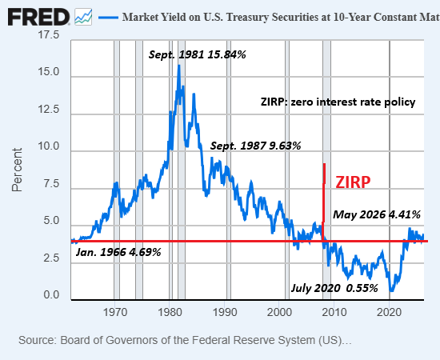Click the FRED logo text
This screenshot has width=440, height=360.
pyautogui.click(x=38, y=17)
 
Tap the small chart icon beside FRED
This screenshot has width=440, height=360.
pyautogui.click(x=83, y=17)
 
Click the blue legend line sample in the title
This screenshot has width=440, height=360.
pyautogui.click(x=108, y=18)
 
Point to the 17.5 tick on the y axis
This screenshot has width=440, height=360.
pyautogui.click(x=48, y=34)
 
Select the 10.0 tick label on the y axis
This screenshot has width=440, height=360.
pyautogui.click(x=48, y=146)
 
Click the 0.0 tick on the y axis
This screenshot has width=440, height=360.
pyautogui.click(x=51, y=295)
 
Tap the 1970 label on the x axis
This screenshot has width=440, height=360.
pyautogui.click(x=114, y=312)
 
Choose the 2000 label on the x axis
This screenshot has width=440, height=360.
pyautogui.click(x=279, y=312)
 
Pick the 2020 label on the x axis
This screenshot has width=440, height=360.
pyautogui.click(x=389, y=312)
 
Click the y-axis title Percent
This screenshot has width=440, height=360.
pyautogui.click(x=17, y=170)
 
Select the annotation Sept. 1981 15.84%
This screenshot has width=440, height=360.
pyautogui.click(x=197, y=54)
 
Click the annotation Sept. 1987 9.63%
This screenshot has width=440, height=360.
pyautogui.click(x=255, y=146)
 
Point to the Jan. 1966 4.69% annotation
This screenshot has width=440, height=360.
pyautogui.click(x=118, y=252)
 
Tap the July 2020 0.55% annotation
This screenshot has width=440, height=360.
pyautogui.click(x=334, y=288)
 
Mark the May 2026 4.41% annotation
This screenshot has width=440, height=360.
pyautogui.click(x=377, y=214)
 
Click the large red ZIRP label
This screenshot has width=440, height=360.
pyautogui.click(x=353, y=182)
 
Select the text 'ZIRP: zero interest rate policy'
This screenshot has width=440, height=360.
pyautogui.click(x=338, y=102)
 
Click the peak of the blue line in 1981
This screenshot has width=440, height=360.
pyautogui.click(x=178, y=66)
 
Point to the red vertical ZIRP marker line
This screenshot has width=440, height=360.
pyautogui.click(x=324, y=202)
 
